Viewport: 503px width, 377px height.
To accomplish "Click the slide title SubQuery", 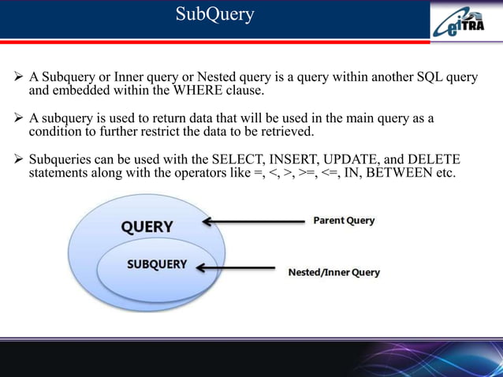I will coord(214,14).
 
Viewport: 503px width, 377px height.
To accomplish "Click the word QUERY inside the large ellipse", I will coord(147,226).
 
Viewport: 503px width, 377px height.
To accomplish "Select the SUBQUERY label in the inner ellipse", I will coord(157,264).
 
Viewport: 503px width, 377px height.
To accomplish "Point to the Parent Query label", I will coord(344,220).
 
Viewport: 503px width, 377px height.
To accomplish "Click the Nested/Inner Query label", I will coord(333,272).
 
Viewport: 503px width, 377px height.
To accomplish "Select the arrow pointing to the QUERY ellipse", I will coord(252,222).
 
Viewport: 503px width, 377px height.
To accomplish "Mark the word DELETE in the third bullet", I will coord(433,159).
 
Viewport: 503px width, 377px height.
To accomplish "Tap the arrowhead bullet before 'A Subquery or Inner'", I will coord(18,79).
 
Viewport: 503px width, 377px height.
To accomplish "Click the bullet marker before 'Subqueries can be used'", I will coord(18,159).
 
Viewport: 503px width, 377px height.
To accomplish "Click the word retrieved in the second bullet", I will coord(285,131).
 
